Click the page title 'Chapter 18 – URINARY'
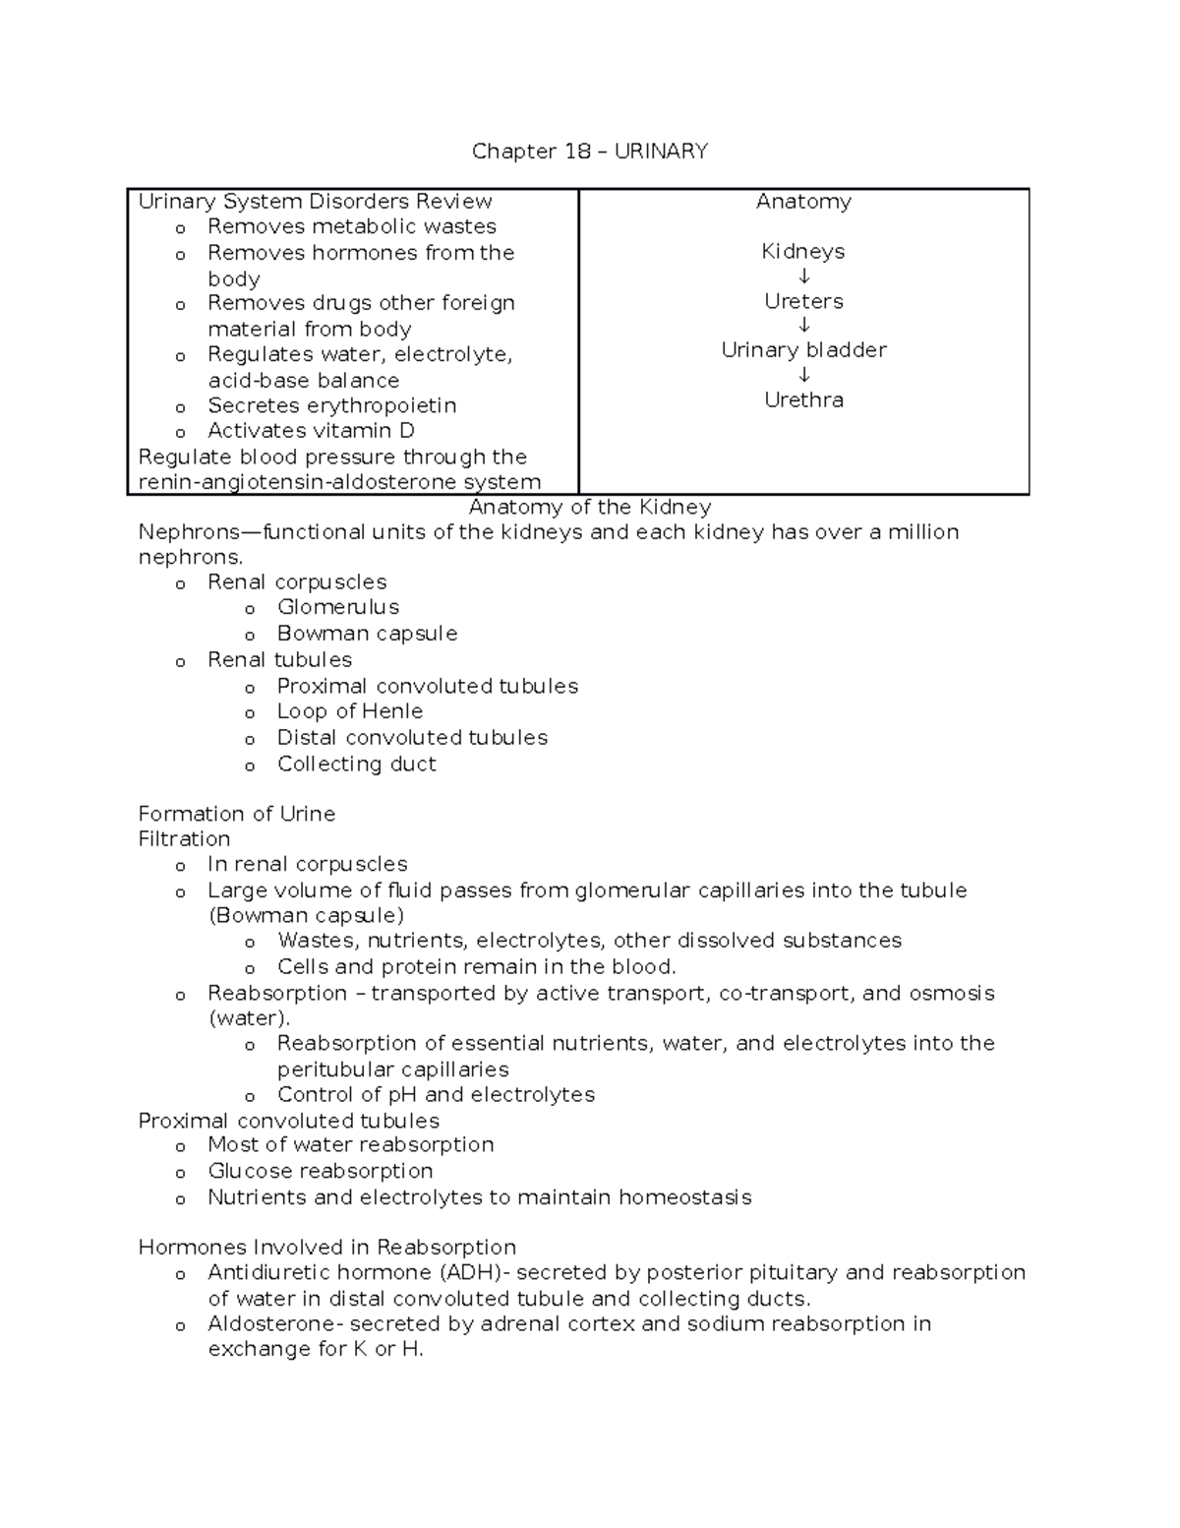[x=589, y=151]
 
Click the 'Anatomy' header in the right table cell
[x=803, y=202]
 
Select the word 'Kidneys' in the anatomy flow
[x=803, y=252]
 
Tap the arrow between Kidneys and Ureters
[x=803, y=276]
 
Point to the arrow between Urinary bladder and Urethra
[x=803, y=375]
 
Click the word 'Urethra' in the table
[x=803, y=400]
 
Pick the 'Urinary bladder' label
[x=803, y=350]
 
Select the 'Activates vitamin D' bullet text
[x=311, y=431]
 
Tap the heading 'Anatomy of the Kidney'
[x=589, y=508]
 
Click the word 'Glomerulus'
[x=338, y=607]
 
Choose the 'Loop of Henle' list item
[x=349, y=711]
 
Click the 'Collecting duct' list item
[x=356, y=764]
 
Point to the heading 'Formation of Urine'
[x=237, y=815]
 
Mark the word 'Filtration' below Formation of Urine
[x=184, y=839]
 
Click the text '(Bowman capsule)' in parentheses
[x=306, y=915]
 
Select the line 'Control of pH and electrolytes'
[x=436, y=1095]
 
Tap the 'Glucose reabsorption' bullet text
[x=320, y=1171]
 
